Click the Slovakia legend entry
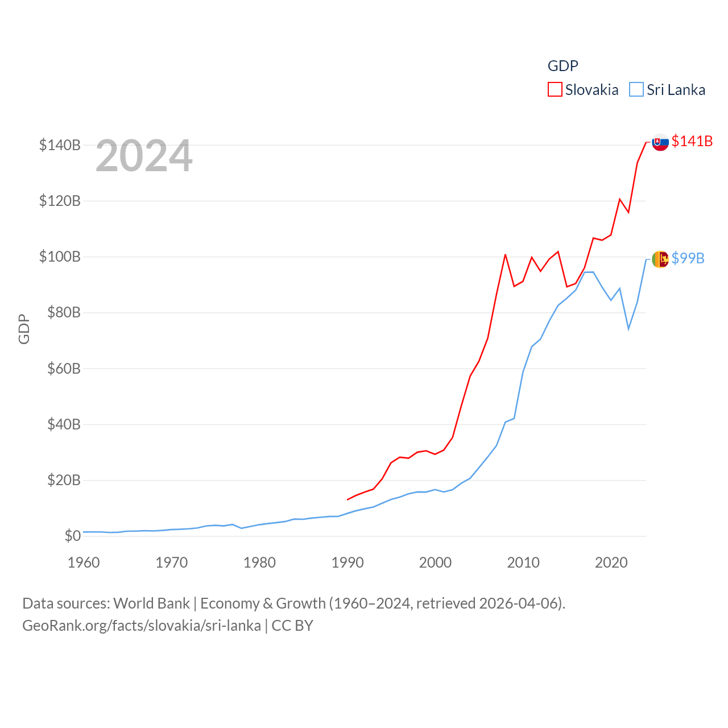click(584, 90)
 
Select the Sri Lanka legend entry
click(668, 90)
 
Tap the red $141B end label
click(692, 141)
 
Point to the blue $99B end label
click(688, 258)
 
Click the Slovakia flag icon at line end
click(660, 142)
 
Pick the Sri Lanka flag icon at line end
click(660, 259)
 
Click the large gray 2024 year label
click(144, 156)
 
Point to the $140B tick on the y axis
click(60, 145)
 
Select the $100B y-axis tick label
click(60, 257)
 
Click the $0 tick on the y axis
click(72, 536)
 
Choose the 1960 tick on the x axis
click(84, 562)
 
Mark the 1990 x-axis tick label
click(348, 562)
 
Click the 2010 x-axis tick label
click(523, 562)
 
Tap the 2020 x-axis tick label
click(611, 562)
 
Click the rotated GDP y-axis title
click(24, 329)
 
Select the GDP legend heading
click(562, 66)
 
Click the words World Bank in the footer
click(151, 603)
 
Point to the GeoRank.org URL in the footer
click(141, 626)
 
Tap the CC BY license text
click(292, 626)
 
